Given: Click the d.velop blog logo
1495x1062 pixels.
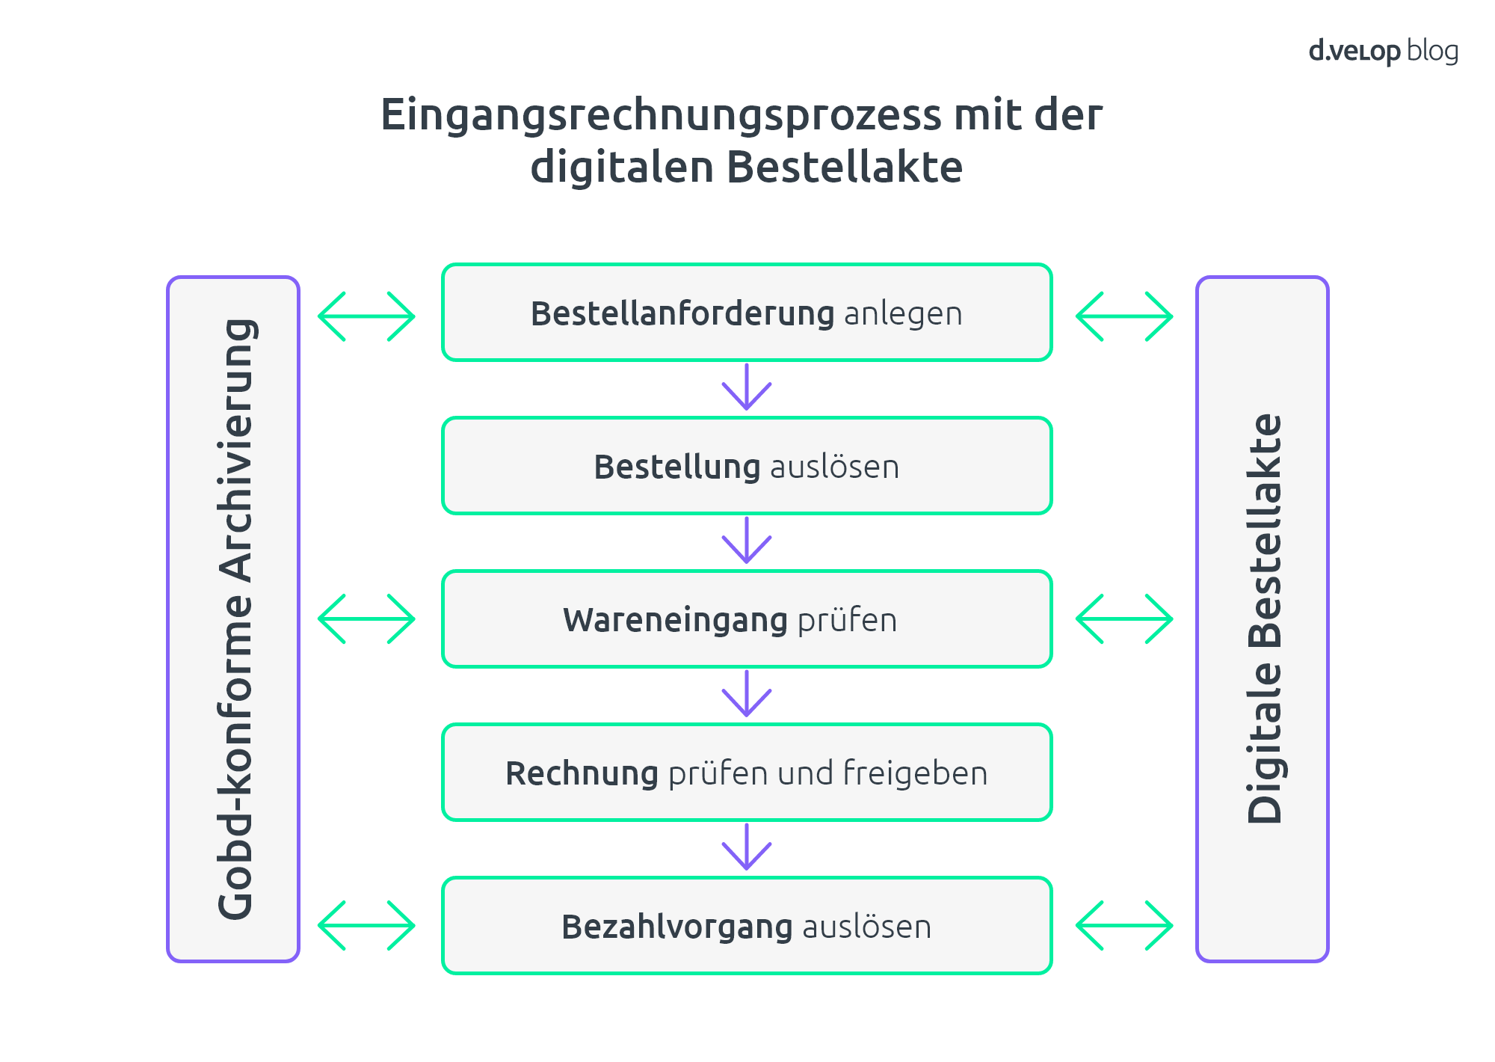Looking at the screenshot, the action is click(1384, 52).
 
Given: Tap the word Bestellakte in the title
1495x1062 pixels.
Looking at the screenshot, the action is click(844, 166).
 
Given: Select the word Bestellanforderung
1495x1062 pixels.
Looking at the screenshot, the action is click(682, 313).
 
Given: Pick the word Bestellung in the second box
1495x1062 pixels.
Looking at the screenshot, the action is click(677, 467).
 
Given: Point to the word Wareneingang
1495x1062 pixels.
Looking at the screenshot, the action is click(676, 621).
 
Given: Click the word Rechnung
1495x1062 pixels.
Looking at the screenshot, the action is click(582, 774).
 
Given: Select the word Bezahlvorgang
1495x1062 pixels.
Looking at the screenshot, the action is click(677, 927).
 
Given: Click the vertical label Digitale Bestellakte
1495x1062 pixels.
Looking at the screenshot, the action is click(1264, 619).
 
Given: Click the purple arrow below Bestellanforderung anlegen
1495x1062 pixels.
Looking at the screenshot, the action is click(747, 387).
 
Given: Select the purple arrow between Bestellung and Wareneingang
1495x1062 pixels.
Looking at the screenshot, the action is click(747, 540).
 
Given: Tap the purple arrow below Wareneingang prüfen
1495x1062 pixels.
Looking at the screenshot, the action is click(747, 693).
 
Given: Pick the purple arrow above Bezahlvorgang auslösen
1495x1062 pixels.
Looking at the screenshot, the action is click(747, 847).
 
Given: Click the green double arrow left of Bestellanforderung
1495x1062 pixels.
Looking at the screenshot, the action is click(366, 316).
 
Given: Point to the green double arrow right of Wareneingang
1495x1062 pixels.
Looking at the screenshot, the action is click(1124, 619).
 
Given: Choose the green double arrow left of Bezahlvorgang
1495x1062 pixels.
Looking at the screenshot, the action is click(366, 926).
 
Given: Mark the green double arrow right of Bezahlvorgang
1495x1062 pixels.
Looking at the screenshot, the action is click(1124, 926).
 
